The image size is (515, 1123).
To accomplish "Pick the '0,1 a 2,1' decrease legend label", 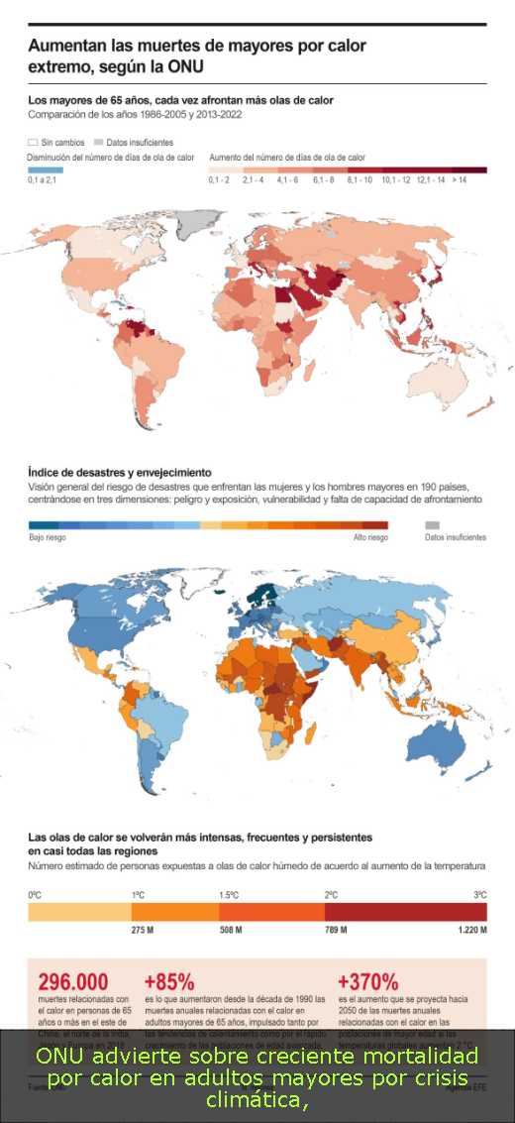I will coord(44,180).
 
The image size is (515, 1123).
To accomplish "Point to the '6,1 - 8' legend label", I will coord(323,180).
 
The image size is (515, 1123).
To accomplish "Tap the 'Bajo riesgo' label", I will coord(47,537).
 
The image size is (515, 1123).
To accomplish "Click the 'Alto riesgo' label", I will coord(370,537).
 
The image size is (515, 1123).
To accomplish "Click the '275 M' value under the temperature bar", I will coord(143,931).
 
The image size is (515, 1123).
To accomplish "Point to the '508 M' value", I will coord(232,931).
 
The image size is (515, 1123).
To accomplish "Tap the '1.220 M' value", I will coord(471,931).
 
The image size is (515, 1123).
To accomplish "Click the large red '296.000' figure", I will coord(72,981).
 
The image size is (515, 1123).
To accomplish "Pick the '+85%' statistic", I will coord(169,981).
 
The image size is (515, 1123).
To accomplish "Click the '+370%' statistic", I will coord(367,981).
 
